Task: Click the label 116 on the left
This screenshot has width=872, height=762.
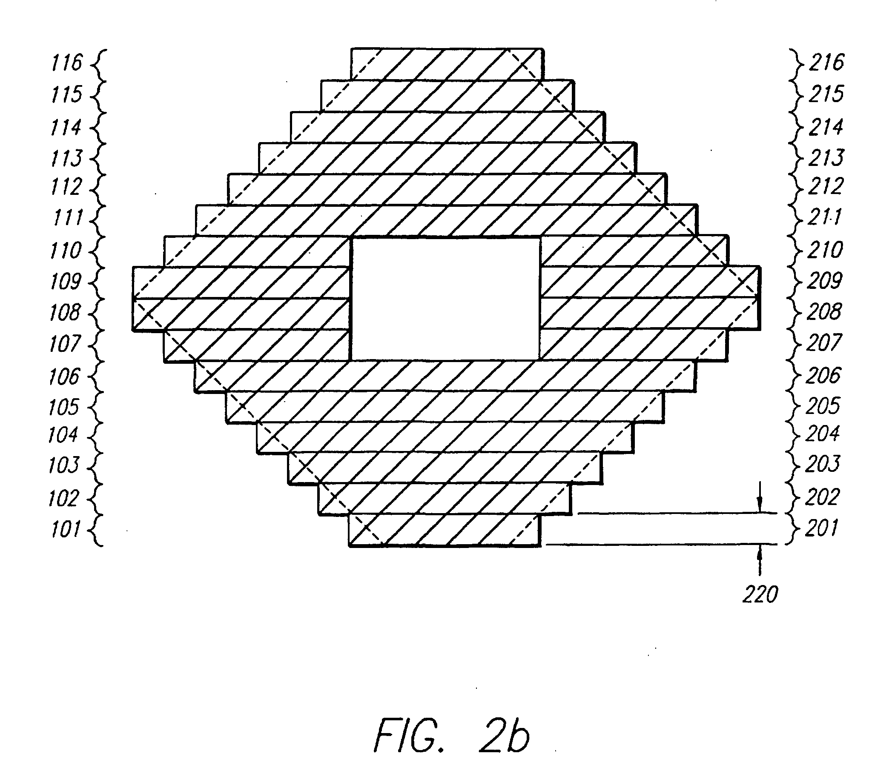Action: pos(66,63)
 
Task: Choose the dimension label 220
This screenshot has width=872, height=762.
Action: pos(760,594)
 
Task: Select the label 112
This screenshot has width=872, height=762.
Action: pos(66,187)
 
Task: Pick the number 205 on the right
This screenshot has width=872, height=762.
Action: pos(822,406)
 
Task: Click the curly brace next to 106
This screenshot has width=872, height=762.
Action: pos(98,377)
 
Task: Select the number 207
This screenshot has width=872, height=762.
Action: pos(823,343)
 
